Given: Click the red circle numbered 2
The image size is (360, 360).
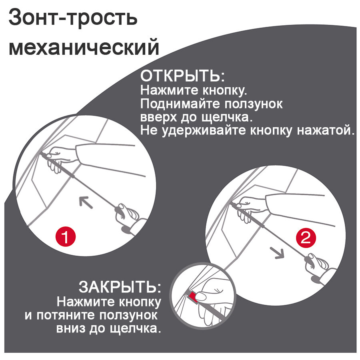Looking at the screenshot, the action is [306, 239].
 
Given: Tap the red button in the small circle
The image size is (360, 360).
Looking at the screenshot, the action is [194, 296].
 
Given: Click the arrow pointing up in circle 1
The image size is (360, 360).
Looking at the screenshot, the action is [85, 202].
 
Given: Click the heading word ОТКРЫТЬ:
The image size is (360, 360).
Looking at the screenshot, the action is [182, 76].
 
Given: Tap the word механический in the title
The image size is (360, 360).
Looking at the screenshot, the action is [84, 48].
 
